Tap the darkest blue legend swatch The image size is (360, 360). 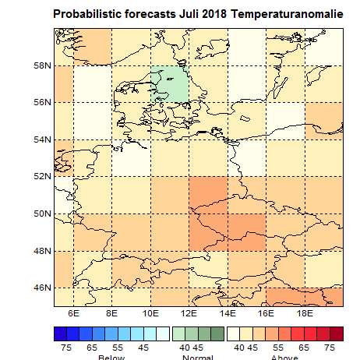point(60,333)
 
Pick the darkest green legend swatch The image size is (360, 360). point(218,333)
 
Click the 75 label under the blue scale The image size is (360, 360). point(68,346)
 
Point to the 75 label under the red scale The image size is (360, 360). point(329,346)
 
